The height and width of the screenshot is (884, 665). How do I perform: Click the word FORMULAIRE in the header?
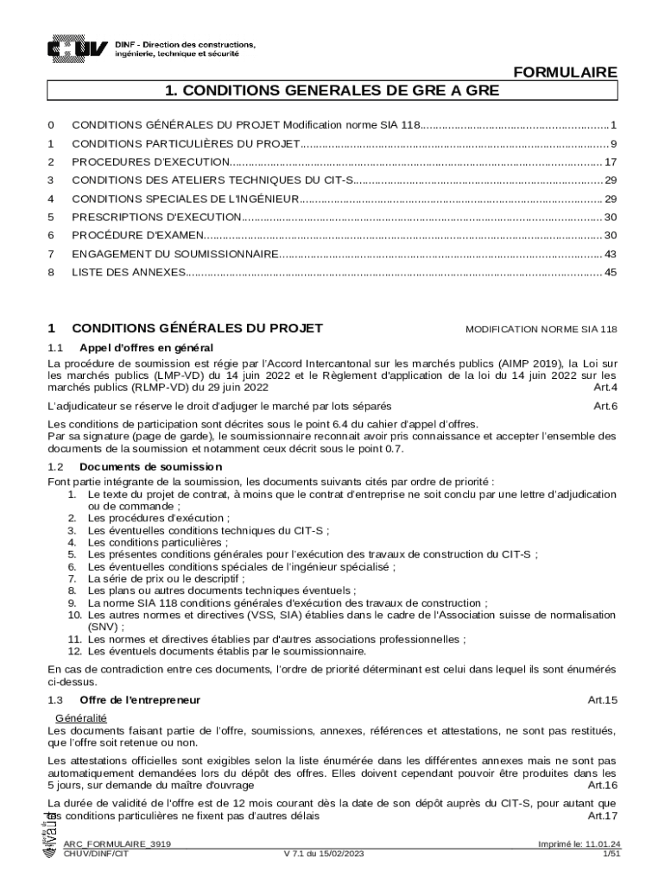[565, 73]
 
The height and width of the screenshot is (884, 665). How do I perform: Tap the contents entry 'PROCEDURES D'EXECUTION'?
[150, 162]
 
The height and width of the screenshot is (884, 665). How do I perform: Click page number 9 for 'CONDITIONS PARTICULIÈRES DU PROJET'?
[612, 144]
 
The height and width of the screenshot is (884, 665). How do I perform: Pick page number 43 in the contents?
[610, 255]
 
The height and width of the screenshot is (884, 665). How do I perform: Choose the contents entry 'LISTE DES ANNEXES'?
[129, 273]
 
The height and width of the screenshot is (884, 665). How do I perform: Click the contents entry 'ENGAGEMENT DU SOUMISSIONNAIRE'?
[174, 255]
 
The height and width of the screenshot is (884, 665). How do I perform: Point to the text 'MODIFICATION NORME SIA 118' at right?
[541, 329]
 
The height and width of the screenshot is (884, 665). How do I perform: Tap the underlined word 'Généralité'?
[80, 718]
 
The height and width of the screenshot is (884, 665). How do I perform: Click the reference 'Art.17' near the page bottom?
[602, 816]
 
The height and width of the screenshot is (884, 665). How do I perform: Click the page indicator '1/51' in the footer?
[611, 853]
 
